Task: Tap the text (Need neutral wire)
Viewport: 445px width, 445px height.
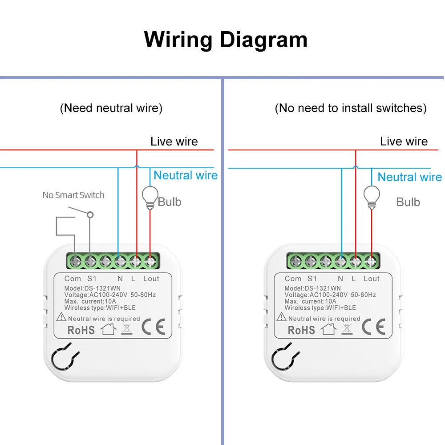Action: pos(111,108)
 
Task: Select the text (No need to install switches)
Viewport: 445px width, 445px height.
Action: pos(351,108)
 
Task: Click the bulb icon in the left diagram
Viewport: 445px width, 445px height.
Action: pos(150,196)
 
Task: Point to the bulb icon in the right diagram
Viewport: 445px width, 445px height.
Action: pos(372,196)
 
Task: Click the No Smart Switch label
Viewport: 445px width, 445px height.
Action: pos(73,195)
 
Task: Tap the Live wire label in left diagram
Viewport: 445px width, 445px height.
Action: pos(174,142)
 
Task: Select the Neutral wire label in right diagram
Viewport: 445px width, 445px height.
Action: pos(409,177)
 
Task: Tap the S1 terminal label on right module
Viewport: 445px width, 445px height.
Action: pos(311,279)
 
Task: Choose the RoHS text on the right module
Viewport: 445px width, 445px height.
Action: pos(301,330)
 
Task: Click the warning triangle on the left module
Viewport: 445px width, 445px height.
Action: pos(61,318)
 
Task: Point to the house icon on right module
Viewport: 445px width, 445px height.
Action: pos(328,329)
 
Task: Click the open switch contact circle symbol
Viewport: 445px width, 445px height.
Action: pos(90,214)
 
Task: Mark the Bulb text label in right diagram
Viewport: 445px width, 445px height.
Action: pos(408,202)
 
